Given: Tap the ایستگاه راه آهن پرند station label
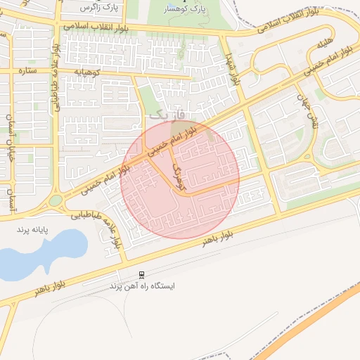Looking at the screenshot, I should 143,287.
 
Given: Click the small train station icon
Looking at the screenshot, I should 142,275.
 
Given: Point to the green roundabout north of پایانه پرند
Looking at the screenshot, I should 56,200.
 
